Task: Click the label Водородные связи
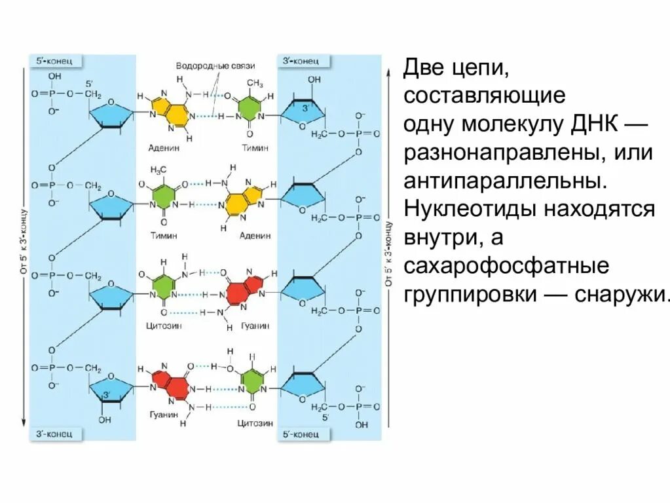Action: coord(215,66)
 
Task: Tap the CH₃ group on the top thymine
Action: coord(255,83)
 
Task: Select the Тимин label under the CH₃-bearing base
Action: coord(255,148)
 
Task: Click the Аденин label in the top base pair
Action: coord(164,148)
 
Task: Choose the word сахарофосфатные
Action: coord(507,267)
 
